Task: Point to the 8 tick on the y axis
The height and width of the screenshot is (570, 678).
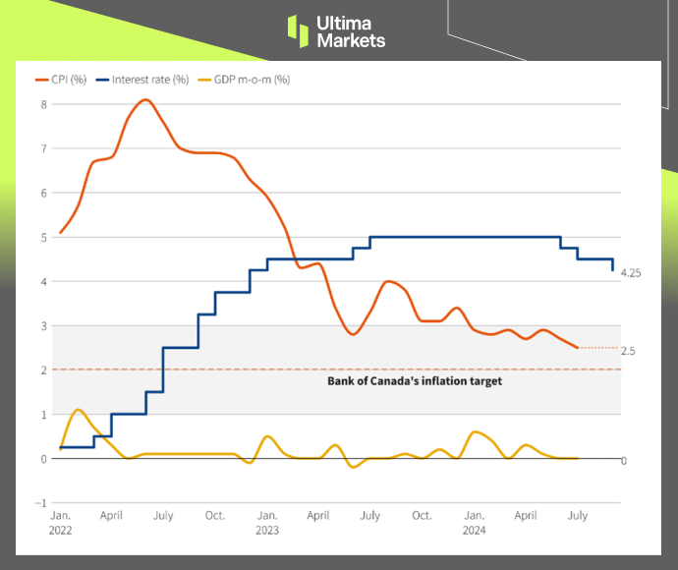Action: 43,104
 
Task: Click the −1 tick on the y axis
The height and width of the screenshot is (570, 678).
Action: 41,503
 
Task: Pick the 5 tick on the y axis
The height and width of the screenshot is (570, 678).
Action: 43,237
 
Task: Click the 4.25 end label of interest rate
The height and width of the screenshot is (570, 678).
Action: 631,273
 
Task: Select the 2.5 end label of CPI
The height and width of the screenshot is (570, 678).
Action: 628,350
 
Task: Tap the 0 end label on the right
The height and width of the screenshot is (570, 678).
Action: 624,460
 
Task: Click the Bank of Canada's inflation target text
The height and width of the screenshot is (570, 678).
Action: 414,381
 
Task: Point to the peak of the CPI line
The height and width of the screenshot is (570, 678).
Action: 145,99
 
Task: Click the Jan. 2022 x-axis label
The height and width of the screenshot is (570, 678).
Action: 61,522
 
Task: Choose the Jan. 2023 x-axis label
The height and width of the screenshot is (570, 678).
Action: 266,522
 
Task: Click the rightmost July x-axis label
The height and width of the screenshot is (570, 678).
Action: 577,514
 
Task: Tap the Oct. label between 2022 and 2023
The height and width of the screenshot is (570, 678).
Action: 214,514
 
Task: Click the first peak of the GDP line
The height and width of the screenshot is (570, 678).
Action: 78,409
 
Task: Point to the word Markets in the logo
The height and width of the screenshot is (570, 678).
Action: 351,40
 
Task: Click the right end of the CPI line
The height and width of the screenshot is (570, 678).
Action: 577,347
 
